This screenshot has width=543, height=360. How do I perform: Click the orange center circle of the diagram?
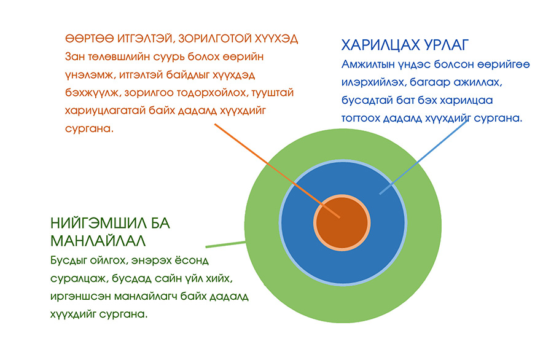click(x=342, y=223)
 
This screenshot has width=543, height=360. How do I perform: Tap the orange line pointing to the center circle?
click(x=277, y=170)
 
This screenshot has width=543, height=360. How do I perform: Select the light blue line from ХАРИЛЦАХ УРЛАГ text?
click(x=424, y=157)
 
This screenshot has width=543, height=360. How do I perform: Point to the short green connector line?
click(x=226, y=245)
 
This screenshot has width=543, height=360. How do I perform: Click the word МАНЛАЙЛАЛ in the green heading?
click(x=98, y=241)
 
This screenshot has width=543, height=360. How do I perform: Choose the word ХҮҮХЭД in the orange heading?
click(x=276, y=39)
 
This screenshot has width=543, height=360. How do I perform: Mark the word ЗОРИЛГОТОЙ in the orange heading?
click(x=215, y=39)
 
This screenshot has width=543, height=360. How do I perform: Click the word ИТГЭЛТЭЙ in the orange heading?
click(x=146, y=39)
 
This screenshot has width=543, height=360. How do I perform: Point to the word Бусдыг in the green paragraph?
click(x=69, y=260)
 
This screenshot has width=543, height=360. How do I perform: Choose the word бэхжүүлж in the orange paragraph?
click(x=93, y=93)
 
